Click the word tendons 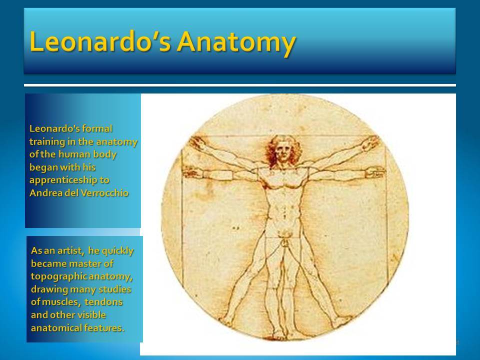(x=103, y=302)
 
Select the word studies (x=115, y=289)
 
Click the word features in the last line (x=104, y=328)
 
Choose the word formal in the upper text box (x=97, y=128)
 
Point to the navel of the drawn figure (x=284, y=212)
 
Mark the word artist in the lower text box (x=70, y=250)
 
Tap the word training (x=47, y=142)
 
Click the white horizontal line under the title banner (x=240, y=85)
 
